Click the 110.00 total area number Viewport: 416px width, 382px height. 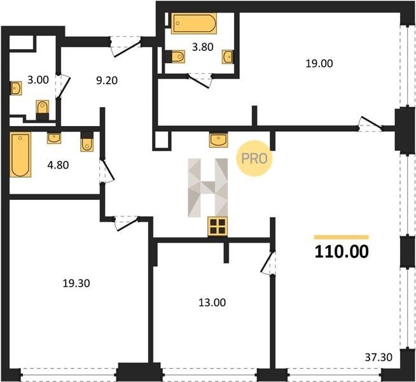click(342, 251)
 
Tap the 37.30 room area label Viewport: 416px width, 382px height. click(378, 357)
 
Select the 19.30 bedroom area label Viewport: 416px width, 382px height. click(76, 283)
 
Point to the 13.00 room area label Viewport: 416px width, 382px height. click(212, 302)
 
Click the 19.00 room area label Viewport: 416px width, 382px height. click(319, 64)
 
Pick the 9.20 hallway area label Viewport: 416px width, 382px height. click(107, 80)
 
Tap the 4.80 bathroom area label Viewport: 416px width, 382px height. click(58, 165)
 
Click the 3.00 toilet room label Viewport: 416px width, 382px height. click(38, 80)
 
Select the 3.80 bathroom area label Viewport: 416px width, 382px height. click(203, 47)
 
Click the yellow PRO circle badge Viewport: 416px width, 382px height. click(254, 159)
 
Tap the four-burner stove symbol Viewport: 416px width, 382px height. click(218, 227)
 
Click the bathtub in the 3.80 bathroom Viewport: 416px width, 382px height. click(194, 24)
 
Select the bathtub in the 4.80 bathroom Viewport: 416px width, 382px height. click(20, 155)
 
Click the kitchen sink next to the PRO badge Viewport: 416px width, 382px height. click(218, 139)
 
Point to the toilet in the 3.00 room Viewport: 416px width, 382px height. click(43, 110)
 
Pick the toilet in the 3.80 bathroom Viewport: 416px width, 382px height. click(175, 57)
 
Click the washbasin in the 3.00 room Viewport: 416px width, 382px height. click(16, 88)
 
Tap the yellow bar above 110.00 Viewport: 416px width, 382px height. click(342, 237)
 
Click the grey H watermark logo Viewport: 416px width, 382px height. click(208, 187)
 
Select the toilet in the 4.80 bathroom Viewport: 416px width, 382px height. click(87, 142)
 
